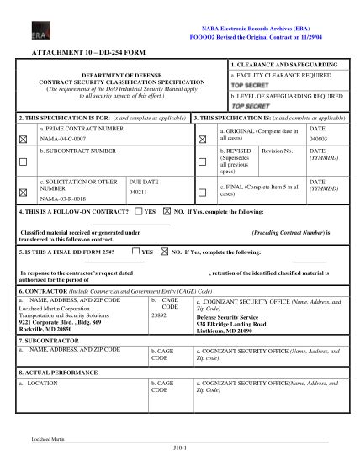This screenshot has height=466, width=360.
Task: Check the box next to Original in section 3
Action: coord(201,138)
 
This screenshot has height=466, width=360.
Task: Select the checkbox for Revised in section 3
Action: coord(201,162)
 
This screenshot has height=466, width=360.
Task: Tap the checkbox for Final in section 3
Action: coord(201,192)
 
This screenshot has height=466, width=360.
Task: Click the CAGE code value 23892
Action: coord(158,315)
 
